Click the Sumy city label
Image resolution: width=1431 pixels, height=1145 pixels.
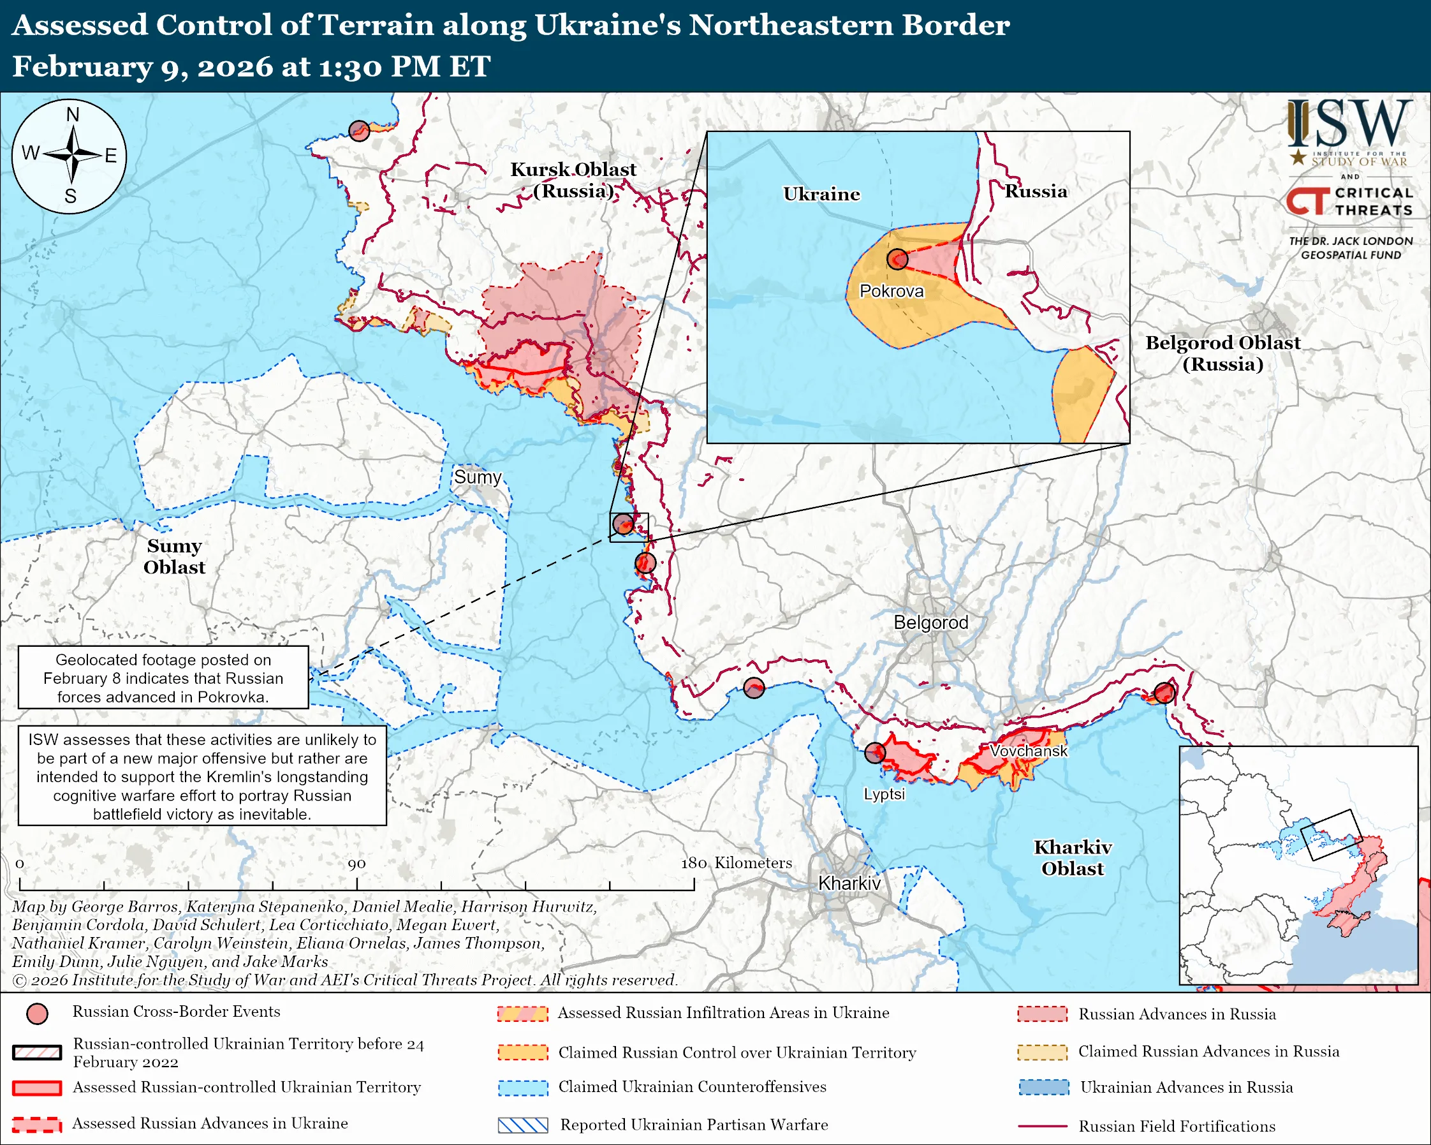[477, 477]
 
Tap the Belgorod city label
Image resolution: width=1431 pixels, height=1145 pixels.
[930, 623]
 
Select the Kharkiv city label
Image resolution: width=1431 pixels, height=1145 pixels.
[849, 883]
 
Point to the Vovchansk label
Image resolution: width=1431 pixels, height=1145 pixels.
[1028, 751]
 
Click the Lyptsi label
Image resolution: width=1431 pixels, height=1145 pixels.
[883, 794]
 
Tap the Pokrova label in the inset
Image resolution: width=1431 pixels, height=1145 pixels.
[891, 292]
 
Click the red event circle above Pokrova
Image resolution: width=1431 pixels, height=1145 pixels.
[897, 259]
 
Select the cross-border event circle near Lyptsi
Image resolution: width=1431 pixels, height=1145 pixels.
[875, 753]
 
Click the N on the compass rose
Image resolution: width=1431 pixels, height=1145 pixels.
[72, 115]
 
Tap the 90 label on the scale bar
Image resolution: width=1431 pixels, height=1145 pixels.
[356, 864]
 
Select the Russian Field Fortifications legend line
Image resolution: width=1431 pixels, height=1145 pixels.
[1042, 1127]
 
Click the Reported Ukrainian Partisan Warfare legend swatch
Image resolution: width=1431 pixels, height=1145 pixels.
[523, 1125]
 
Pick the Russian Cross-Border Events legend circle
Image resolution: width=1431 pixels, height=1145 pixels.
[37, 1014]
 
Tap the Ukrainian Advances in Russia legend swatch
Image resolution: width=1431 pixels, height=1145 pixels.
[1043, 1087]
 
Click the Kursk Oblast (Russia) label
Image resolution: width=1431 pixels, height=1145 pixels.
[573, 180]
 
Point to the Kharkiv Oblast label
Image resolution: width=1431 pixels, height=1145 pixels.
[1073, 857]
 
